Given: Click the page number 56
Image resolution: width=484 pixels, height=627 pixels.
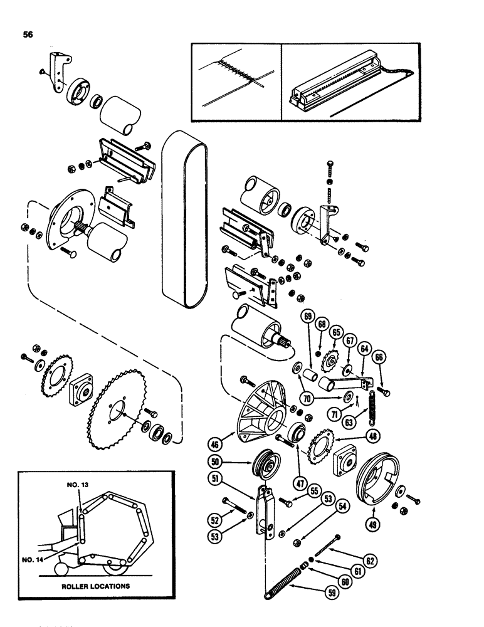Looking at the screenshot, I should (30, 35).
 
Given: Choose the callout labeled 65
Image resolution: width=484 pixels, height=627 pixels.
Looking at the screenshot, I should (336, 332).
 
